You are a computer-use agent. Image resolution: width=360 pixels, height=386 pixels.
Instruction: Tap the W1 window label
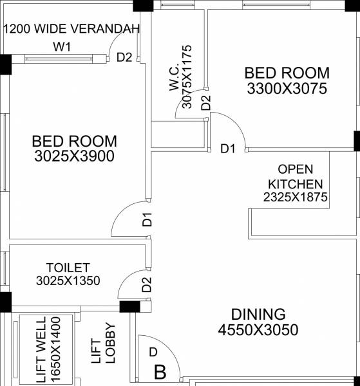click(62, 47)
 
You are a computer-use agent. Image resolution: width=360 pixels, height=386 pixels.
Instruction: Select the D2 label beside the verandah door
click(124, 57)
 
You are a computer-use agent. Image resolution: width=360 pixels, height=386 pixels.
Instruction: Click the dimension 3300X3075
click(287, 89)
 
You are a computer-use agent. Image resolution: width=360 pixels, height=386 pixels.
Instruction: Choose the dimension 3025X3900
click(74, 156)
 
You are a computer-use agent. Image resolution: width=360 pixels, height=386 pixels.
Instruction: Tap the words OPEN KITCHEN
click(295, 177)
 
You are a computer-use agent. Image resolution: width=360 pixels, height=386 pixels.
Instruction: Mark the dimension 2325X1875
click(295, 198)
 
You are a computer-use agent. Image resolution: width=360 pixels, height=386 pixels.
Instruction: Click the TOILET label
click(68, 267)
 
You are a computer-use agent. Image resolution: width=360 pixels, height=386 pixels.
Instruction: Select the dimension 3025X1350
click(68, 280)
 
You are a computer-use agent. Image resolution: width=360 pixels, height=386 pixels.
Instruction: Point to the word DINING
click(258, 315)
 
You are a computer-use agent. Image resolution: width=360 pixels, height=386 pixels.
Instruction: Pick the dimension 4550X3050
click(258, 331)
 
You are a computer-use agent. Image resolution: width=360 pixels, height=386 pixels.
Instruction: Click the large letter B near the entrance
click(160, 372)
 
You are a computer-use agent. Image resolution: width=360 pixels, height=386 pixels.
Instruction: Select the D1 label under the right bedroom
click(227, 150)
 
